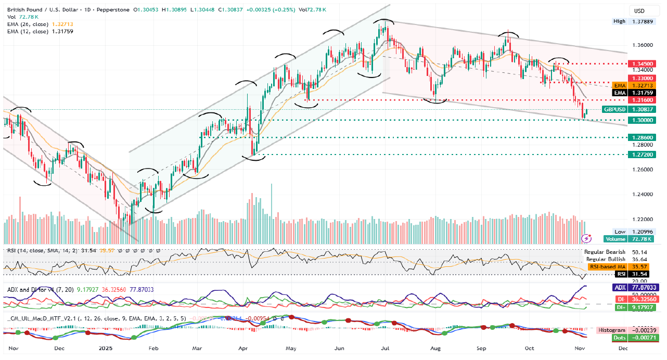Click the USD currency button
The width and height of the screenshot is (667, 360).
(638, 11)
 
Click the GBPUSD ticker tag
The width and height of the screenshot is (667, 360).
(614, 109)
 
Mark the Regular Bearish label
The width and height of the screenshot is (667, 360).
(605, 252)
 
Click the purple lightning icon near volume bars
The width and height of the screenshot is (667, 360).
(587, 238)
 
